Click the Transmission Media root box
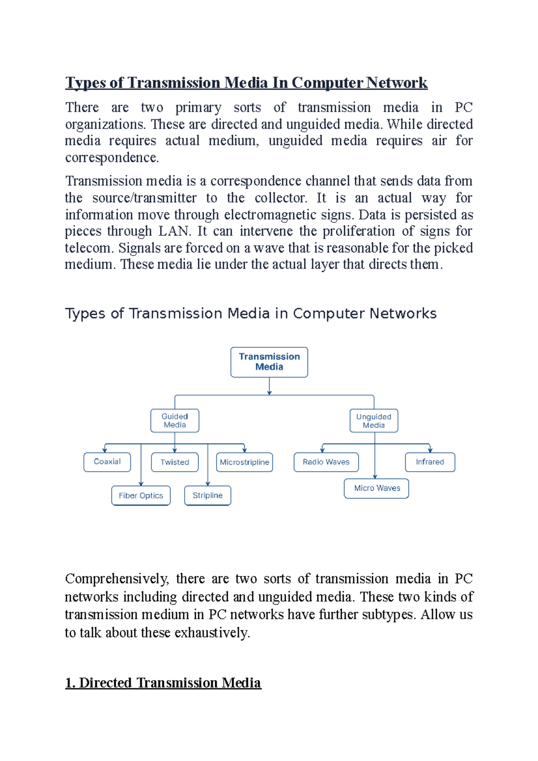(x=269, y=362)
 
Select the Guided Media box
(x=174, y=420)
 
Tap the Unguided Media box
(x=373, y=421)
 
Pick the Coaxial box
(x=107, y=462)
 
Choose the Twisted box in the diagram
(x=175, y=462)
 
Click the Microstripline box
(x=244, y=462)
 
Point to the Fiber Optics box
(x=141, y=495)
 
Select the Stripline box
(x=208, y=495)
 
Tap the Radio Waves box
(x=326, y=462)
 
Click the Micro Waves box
(x=377, y=488)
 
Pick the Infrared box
(x=430, y=462)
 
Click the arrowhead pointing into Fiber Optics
(x=141, y=484)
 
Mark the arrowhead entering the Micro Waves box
(x=375, y=476)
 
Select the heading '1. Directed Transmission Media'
(x=163, y=683)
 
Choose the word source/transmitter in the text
(x=144, y=198)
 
